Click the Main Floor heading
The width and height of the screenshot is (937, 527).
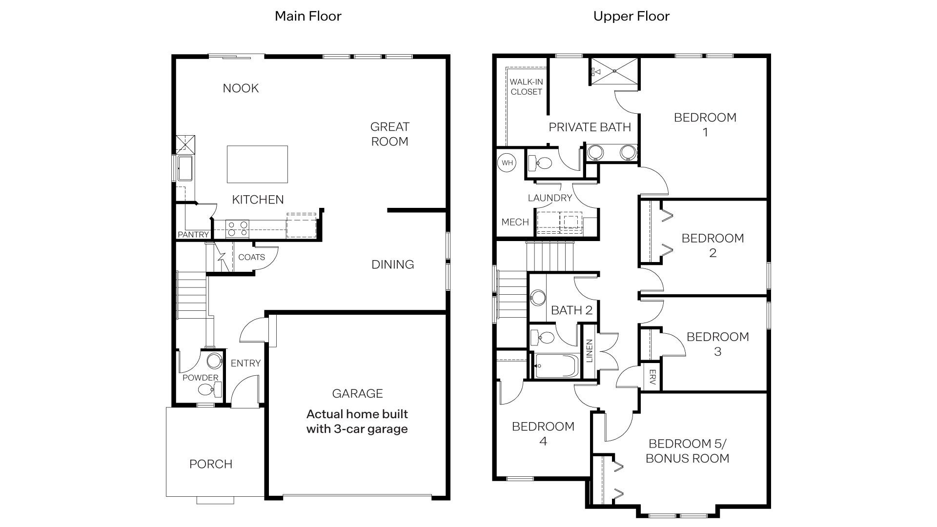[308, 16]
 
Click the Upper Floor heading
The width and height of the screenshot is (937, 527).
[631, 16]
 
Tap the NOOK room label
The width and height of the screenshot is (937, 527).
[241, 88]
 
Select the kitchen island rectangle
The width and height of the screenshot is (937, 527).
[257, 164]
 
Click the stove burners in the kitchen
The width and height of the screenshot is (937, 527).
[238, 229]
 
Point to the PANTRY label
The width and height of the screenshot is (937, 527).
[193, 235]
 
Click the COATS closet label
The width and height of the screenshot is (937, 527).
[251, 257]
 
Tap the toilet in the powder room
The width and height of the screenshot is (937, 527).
[207, 389]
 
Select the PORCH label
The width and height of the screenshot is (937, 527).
[211, 464]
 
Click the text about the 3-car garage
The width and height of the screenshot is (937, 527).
[357, 422]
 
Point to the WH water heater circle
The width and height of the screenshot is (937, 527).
[508, 163]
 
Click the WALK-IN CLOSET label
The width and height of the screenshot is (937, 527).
[526, 87]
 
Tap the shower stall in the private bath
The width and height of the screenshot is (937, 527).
[614, 71]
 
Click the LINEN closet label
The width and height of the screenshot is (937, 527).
[589, 351]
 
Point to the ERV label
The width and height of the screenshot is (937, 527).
[652, 377]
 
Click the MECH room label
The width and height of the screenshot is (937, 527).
[515, 222]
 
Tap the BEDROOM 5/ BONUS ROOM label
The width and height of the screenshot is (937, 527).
[687, 451]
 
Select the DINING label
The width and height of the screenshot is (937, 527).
[392, 264]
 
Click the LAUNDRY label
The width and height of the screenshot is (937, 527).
[550, 198]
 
